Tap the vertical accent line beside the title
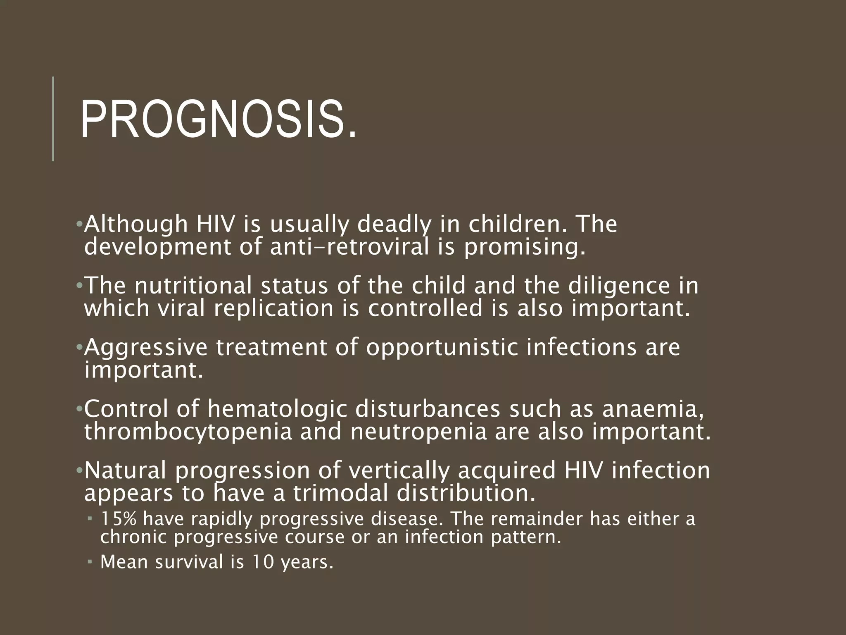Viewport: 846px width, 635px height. [x=53, y=119]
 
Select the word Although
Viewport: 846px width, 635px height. [x=136, y=224]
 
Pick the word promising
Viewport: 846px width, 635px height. [x=525, y=247]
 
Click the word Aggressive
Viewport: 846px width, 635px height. [x=146, y=347]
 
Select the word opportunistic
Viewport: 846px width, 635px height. [x=442, y=347]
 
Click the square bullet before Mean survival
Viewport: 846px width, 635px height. [x=90, y=562]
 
